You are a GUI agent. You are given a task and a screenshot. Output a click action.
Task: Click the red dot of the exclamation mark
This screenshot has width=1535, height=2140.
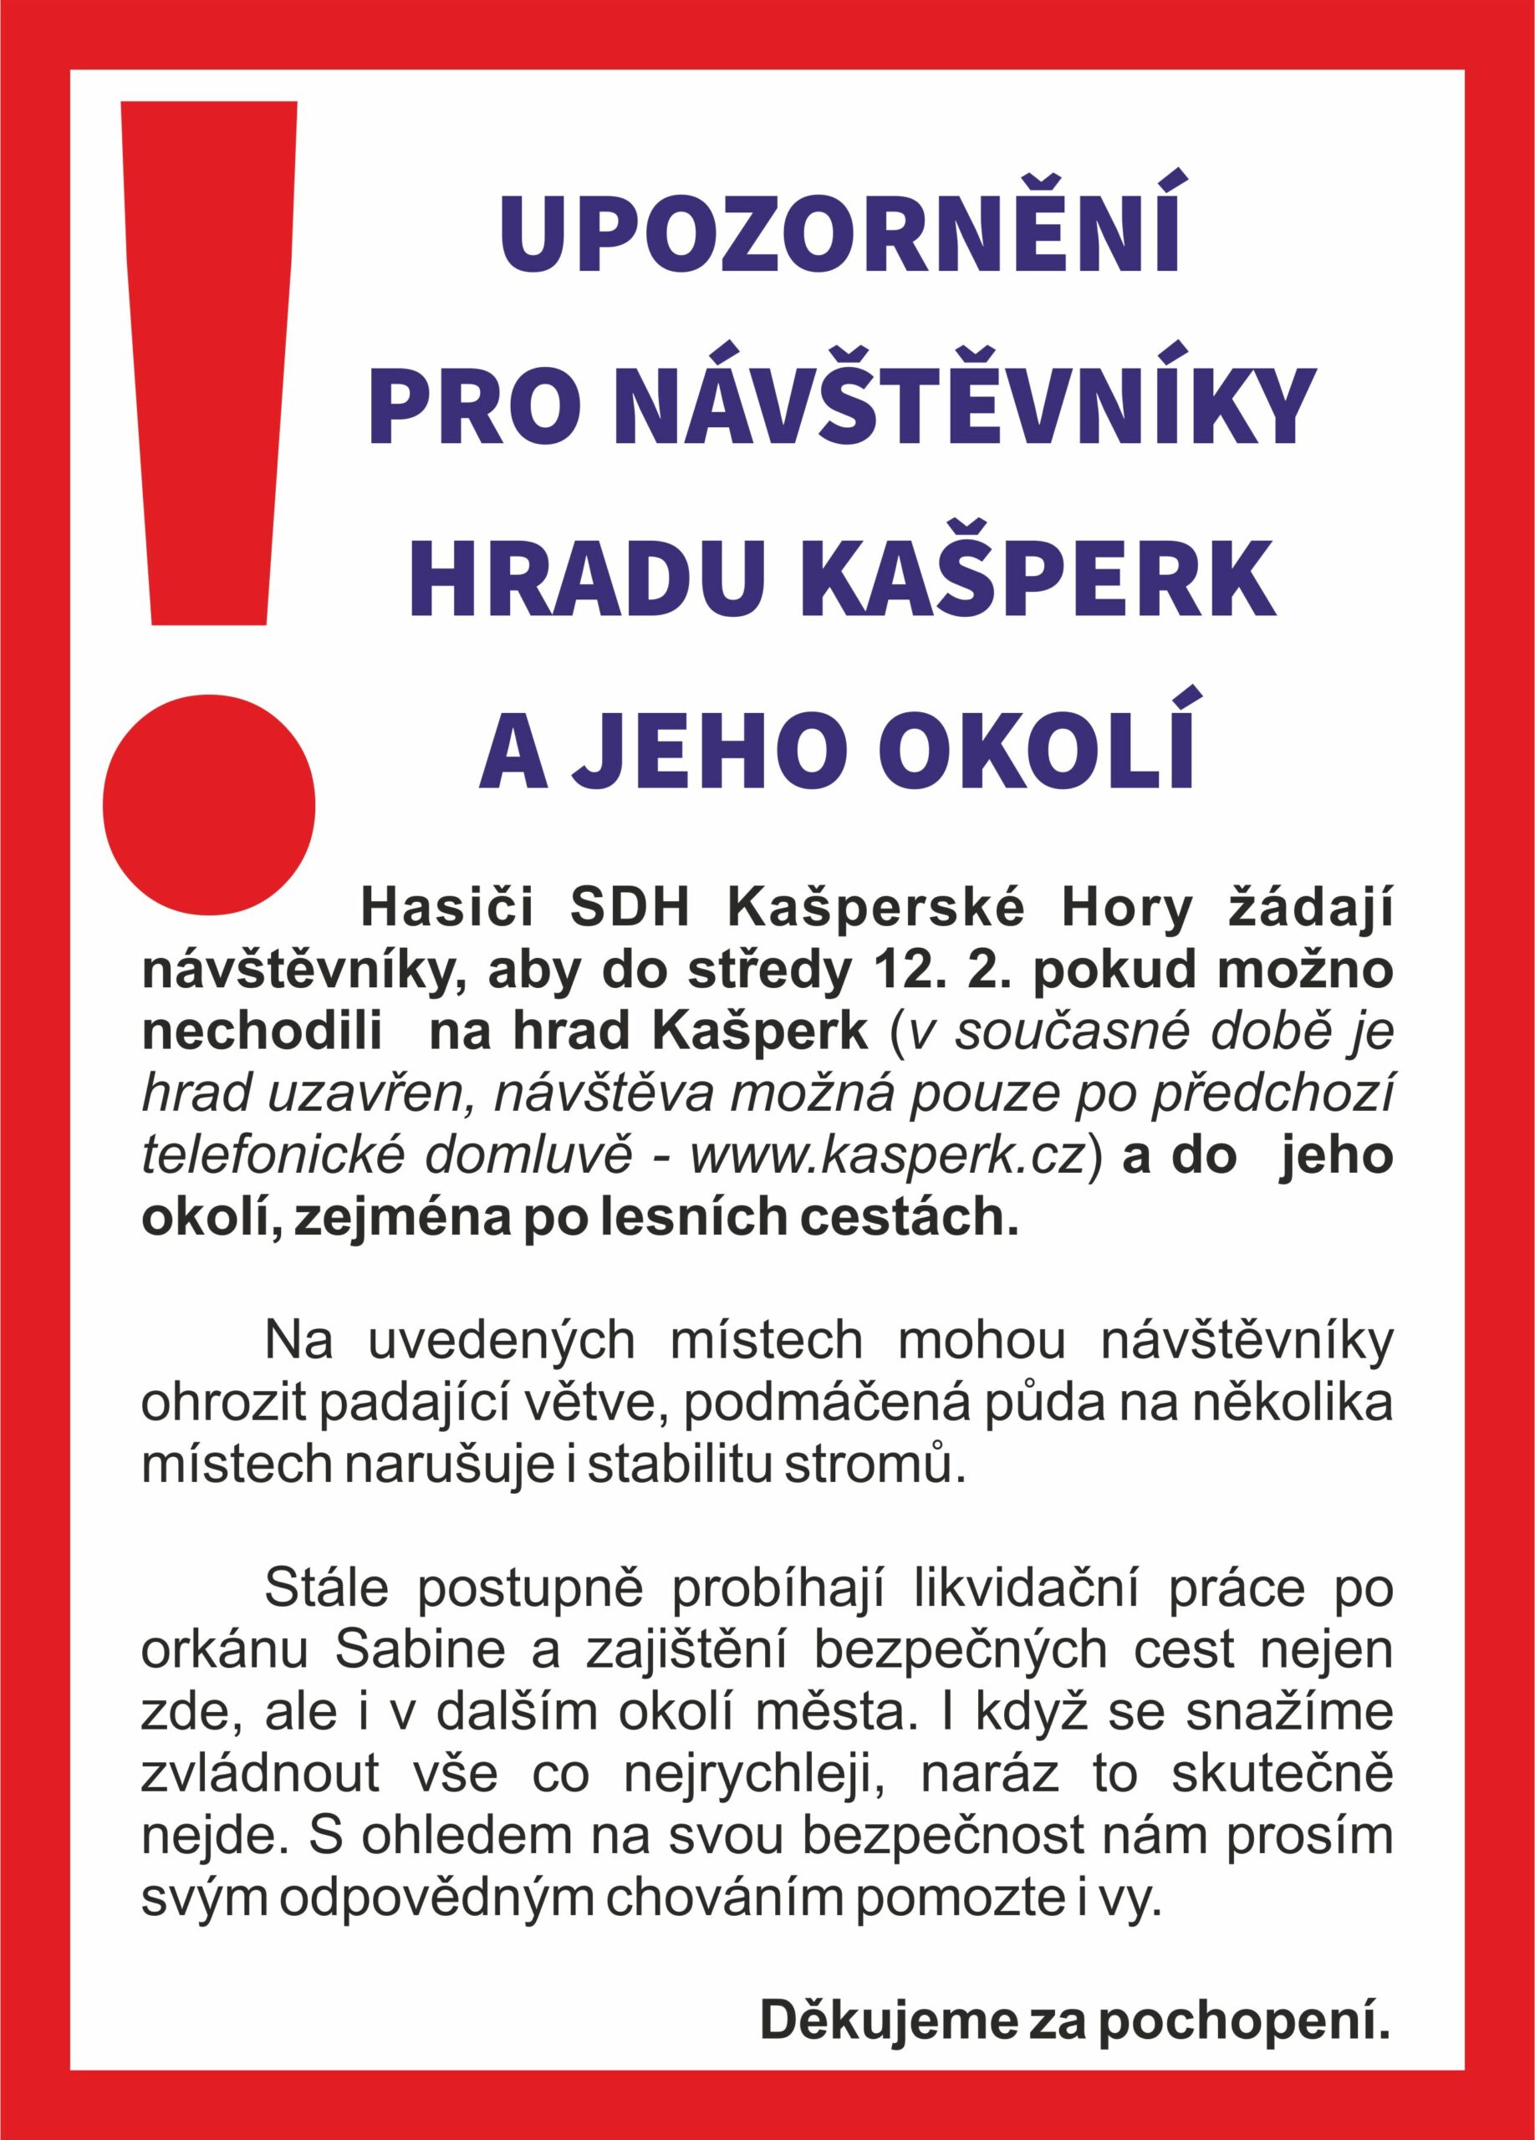click(x=208, y=805)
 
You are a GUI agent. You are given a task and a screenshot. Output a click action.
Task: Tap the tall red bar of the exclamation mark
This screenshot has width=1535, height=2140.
click(x=210, y=364)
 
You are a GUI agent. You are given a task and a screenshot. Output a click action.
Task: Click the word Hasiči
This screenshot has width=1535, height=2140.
click(x=447, y=910)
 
